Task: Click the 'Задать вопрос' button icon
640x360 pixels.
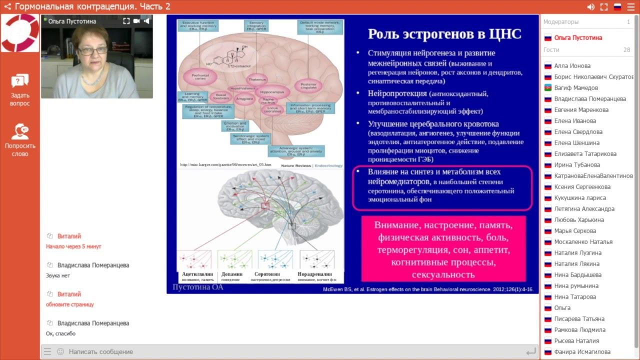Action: [20, 81]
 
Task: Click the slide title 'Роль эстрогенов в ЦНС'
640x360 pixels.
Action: [444, 34]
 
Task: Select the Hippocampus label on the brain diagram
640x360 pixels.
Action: [272, 92]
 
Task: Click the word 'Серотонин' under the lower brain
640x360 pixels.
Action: [267, 274]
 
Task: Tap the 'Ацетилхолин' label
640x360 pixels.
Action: [197, 274]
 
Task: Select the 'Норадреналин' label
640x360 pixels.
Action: [314, 274]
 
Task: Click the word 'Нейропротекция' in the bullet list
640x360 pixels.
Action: [397, 93]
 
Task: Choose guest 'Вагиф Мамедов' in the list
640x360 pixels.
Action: [576, 88]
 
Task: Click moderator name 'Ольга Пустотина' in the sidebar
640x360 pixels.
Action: [578, 38]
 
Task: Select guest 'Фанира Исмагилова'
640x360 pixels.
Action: [582, 352]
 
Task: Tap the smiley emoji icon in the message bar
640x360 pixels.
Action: [60, 351]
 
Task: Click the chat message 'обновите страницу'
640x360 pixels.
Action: [70, 304]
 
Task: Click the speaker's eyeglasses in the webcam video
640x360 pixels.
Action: [92, 51]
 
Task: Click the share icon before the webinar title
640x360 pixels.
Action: [7, 6]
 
